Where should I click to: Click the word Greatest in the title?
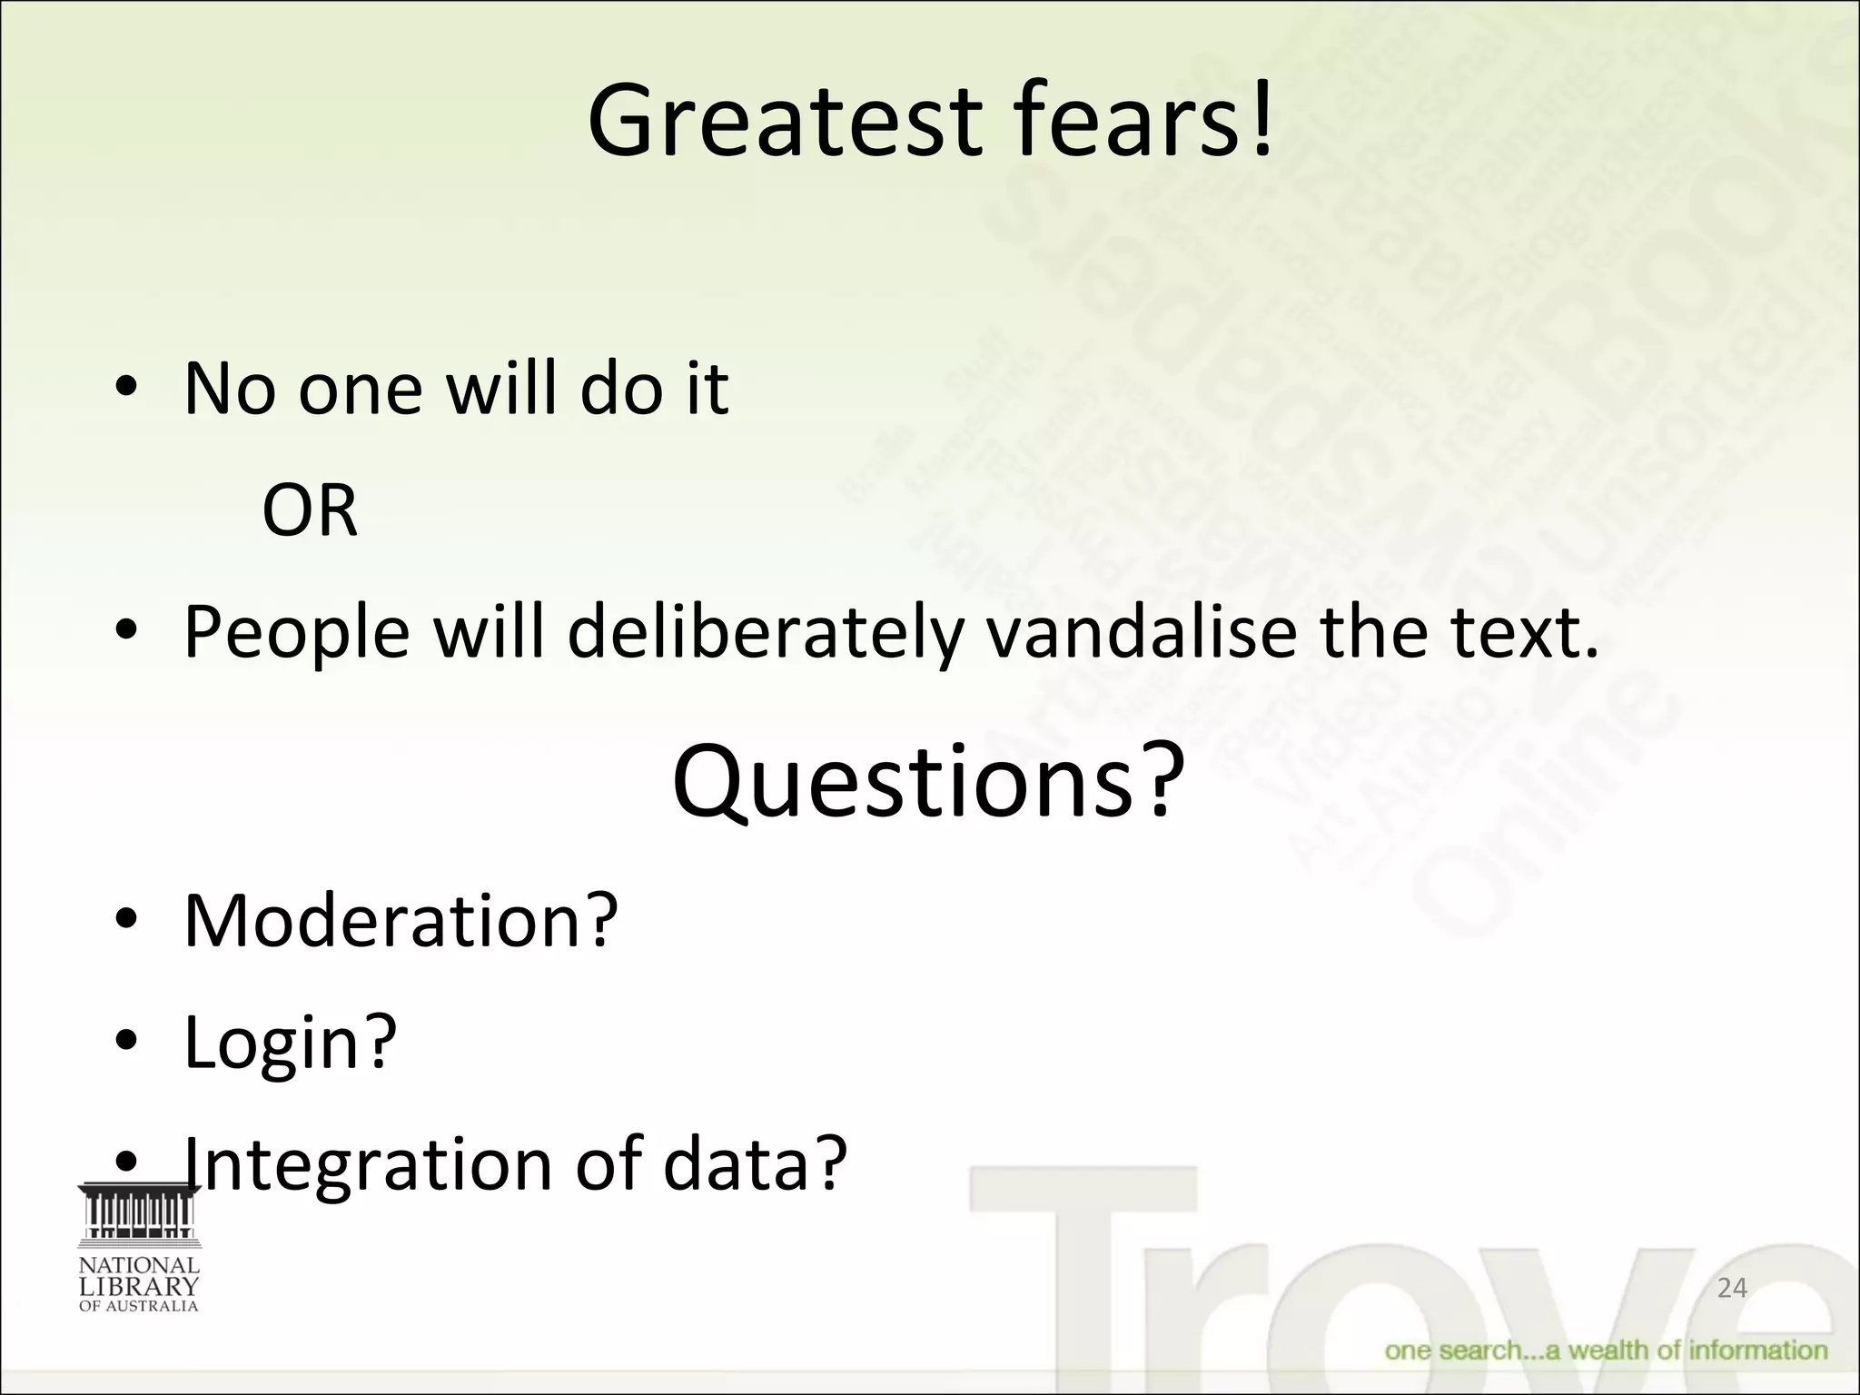click(x=785, y=122)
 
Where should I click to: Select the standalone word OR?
click(x=310, y=510)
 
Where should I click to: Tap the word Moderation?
click(x=401, y=921)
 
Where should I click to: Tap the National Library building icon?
click(x=139, y=1212)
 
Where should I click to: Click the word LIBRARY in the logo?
click(x=139, y=1286)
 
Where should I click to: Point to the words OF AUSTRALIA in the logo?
click(x=139, y=1307)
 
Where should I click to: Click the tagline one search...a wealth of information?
click(x=1606, y=1350)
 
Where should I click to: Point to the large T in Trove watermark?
click(x=1081, y=1271)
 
